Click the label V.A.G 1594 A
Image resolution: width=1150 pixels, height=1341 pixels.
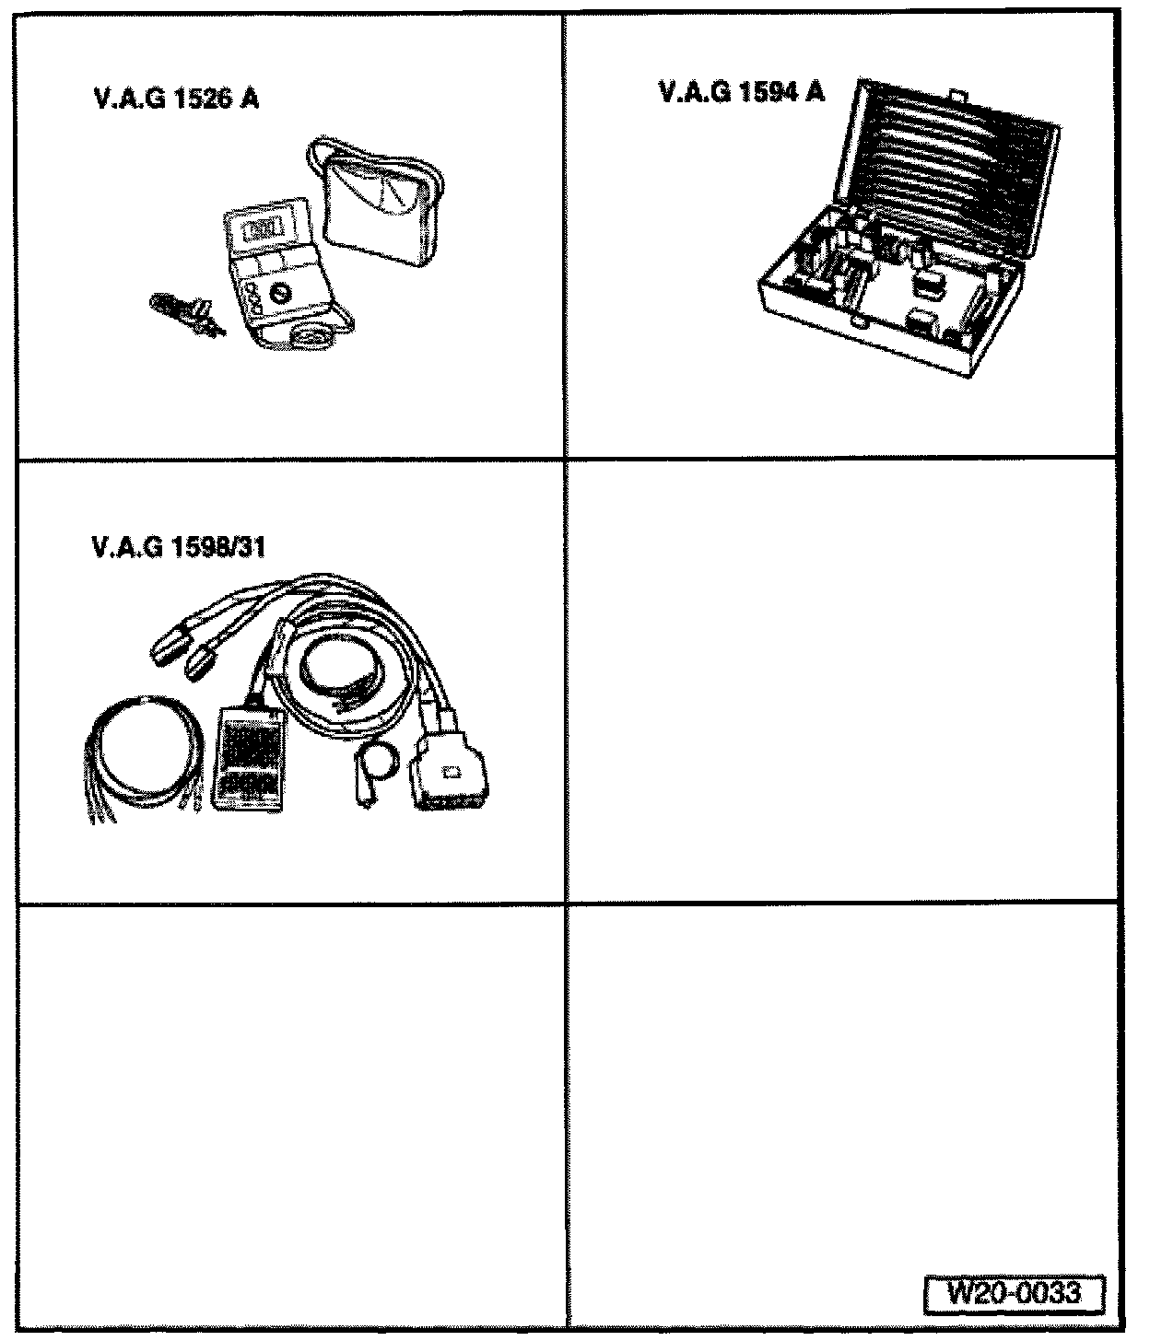coord(743,92)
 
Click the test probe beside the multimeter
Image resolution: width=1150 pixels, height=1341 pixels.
coord(184,310)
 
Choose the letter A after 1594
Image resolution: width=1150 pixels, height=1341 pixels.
coord(815,92)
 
